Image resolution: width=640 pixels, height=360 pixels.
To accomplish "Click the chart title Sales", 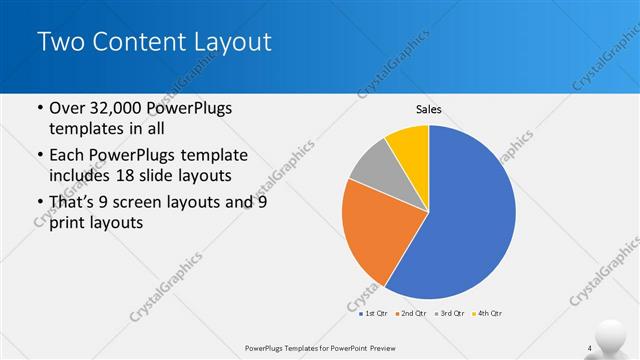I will tap(428, 109).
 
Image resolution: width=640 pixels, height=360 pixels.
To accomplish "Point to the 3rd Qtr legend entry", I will tap(450, 313).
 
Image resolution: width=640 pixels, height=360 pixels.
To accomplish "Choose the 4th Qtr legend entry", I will tap(489, 313).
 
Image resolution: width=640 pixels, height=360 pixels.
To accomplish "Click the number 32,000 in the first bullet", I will tap(119, 108).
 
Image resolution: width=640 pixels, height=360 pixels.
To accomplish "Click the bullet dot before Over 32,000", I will tap(38, 109).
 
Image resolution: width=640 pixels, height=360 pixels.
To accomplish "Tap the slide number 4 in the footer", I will tap(590, 348).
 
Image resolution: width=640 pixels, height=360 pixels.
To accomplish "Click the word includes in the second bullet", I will tap(80, 176).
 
